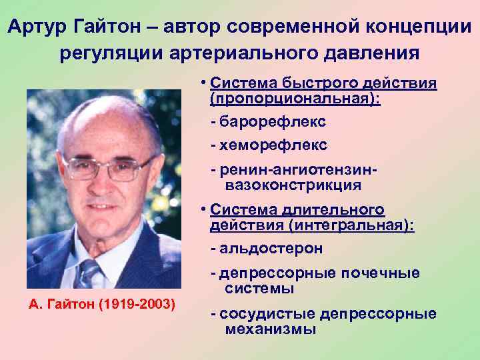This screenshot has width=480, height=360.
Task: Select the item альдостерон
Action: click(269, 249)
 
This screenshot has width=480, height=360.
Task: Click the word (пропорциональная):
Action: click(295, 99)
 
